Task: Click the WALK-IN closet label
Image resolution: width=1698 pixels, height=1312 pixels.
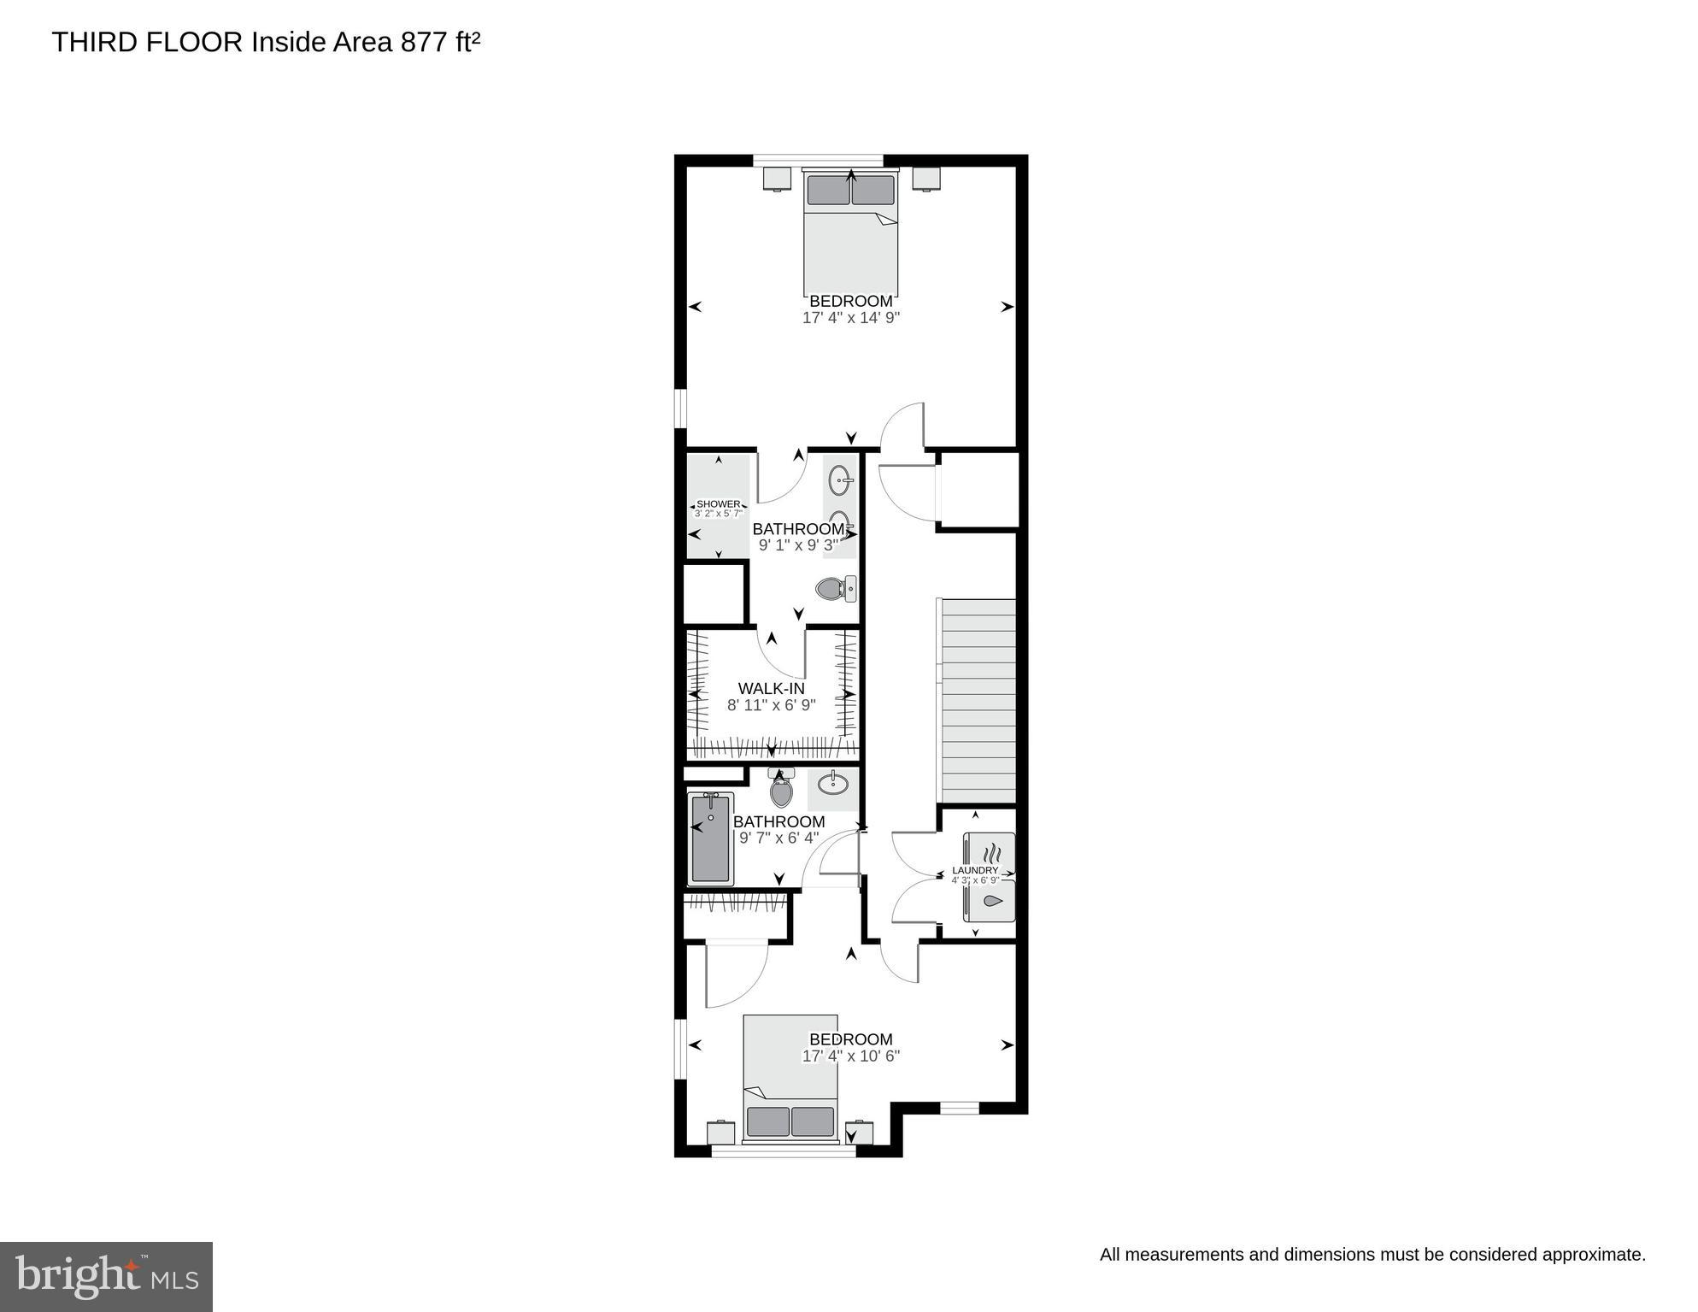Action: pyautogui.click(x=771, y=689)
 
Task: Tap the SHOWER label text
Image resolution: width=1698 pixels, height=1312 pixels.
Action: pyautogui.click(x=718, y=504)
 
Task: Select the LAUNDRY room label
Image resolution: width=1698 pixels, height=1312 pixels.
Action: pyautogui.click(x=975, y=870)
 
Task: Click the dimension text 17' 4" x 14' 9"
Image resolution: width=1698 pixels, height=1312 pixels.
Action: pyautogui.click(x=851, y=318)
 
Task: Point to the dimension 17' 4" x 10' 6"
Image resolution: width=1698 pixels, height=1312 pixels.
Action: pyautogui.click(x=851, y=1056)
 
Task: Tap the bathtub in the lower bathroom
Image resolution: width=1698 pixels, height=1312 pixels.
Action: pyautogui.click(x=710, y=838)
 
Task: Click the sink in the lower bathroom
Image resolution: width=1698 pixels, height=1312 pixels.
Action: pyautogui.click(x=833, y=783)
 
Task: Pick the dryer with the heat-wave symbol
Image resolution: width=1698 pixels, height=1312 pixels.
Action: pyautogui.click(x=990, y=852)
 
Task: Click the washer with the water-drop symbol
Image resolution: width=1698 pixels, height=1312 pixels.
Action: pyautogui.click(x=990, y=901)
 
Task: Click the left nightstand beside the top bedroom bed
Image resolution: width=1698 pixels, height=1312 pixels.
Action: pyautogui.click(x=777, y=179)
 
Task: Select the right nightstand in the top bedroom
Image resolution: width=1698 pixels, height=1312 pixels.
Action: pyautogui.click(x=925, y=179)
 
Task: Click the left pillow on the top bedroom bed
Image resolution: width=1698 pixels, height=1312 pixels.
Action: pyautogui.click(x=828, y=190)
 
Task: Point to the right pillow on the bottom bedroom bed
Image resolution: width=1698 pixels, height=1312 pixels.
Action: pyautogui.click(x=812, y=1121)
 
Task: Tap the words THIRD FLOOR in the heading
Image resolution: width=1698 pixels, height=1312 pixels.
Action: pyautogui.click(x=147, y=43)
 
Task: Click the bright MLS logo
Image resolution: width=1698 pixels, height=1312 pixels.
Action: pyautogui.click(x=106, y=1276)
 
